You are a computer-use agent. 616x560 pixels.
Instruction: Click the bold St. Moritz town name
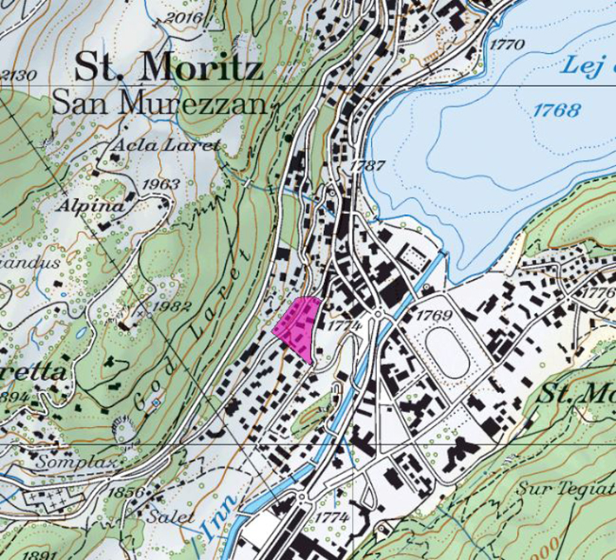point(168,66)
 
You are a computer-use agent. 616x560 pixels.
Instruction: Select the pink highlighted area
point(297,325)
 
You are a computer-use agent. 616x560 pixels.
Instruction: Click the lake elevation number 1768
point(557,110)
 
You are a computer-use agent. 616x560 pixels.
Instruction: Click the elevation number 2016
point(182,17)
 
